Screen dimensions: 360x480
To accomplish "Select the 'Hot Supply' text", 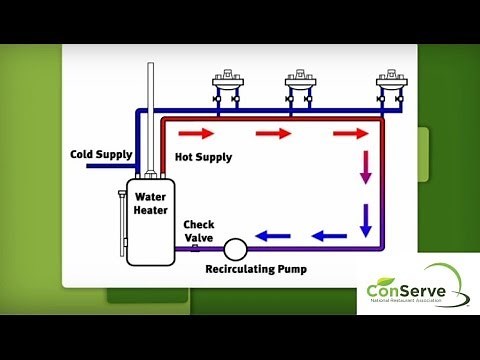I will point(203,157).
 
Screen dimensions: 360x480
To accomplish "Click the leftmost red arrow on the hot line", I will point(196,133).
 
